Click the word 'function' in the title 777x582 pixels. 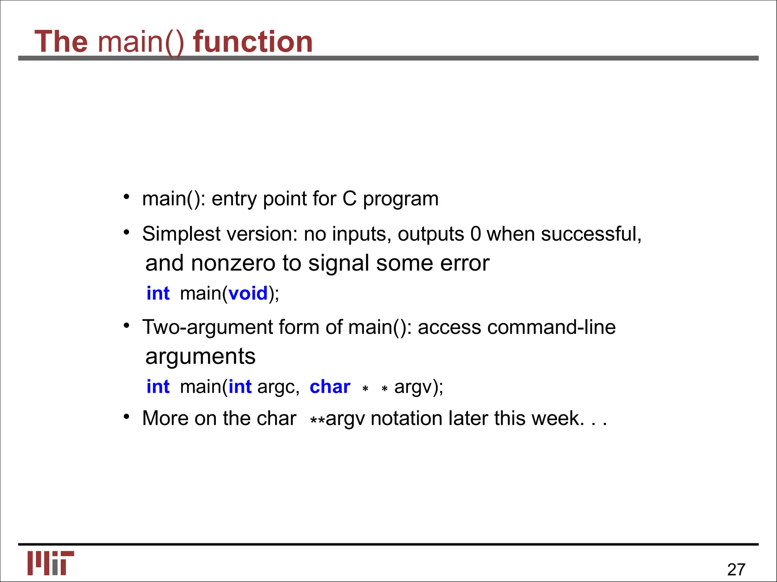[x=253, y=41]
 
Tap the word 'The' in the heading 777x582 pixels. [x=61, y=41]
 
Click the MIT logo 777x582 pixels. [x=50, y=563]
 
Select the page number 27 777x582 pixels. [x=736, y=569]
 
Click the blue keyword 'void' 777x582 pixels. [x=248, y=294]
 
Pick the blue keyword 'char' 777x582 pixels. [x=330, y=387]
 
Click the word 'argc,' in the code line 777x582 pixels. [x=278, y=387]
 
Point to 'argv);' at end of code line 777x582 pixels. [x=419, y=387]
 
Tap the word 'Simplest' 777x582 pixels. [x=181, y=234]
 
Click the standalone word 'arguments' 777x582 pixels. [x=200, y=357]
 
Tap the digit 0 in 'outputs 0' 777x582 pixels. [x=475, y=234]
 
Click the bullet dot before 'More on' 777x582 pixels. [x=127, y=417]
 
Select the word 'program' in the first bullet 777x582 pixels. [x=401, y=199]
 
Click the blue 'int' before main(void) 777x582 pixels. [x=158, y=294]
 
